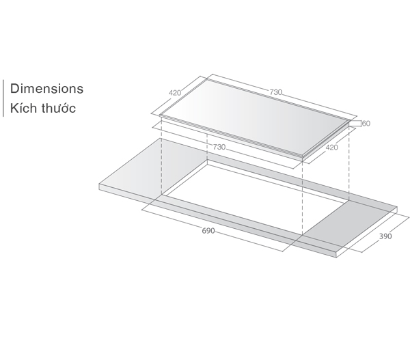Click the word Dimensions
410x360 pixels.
(47, 89)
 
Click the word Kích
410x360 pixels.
(24, 109)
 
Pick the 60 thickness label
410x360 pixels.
(366, 124)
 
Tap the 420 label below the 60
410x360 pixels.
(331, 147)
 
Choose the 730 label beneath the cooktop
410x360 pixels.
(219, 147)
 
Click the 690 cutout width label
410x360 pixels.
(208, 231)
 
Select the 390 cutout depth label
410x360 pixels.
(385, 237)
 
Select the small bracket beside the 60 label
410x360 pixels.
(355, 124)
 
